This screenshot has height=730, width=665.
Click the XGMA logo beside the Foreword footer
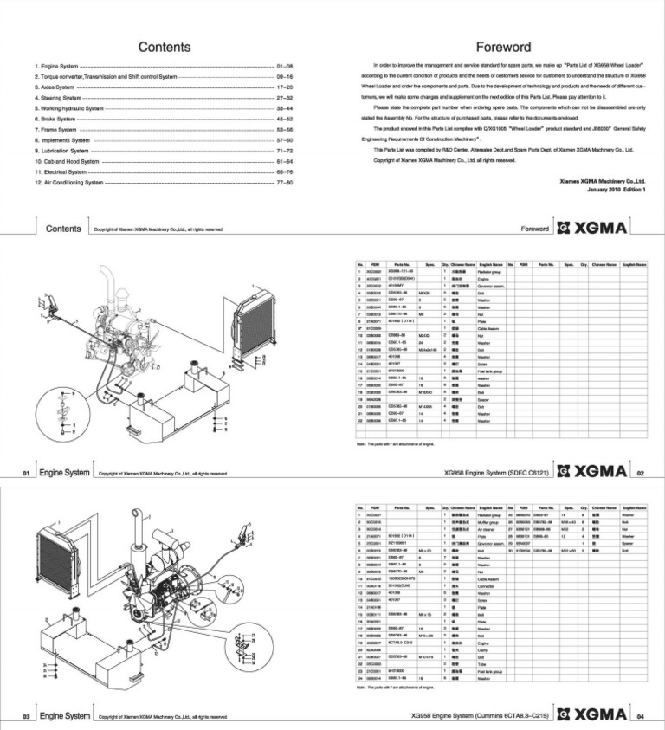[596, 229]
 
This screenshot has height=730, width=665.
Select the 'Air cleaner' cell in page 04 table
[489, 530]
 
